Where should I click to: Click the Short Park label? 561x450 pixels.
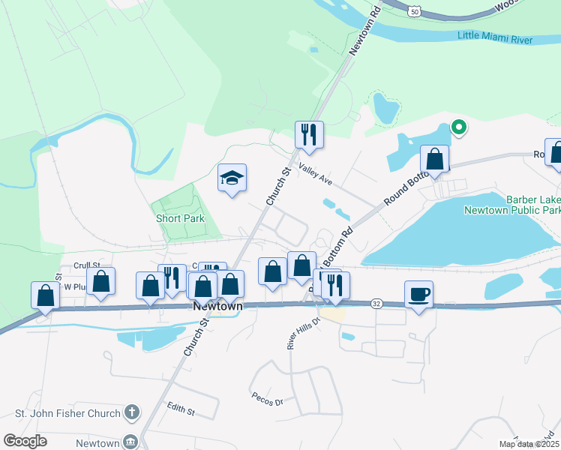[180, 219]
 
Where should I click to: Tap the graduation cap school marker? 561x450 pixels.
[232, 178]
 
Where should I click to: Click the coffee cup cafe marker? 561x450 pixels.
[418, 294]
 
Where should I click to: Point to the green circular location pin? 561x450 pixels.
[459, 128]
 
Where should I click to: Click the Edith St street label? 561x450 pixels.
[181, 411]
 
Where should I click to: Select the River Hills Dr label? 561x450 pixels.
[292, 331]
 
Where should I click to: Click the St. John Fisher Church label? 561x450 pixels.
[67, 413]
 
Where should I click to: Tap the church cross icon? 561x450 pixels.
[132, 412]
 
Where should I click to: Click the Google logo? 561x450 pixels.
[25, 441]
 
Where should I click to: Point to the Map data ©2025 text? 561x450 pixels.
[529, 444]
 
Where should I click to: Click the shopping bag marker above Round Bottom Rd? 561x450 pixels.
[434, 159]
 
